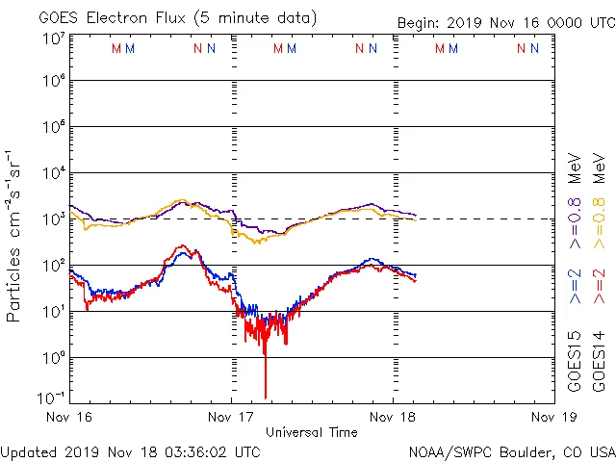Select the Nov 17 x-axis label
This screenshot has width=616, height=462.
click(232, 417)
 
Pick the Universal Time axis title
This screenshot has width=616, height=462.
click(312, 432)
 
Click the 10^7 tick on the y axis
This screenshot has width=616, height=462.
click(52, 38)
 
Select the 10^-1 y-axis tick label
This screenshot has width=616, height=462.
click(52, 397)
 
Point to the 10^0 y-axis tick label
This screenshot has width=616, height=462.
click(52, 358)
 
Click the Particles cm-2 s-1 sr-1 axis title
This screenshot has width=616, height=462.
click(15, 236)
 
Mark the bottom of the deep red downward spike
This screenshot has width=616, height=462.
click(265, 397)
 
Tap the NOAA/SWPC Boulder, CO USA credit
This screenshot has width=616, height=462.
click(511, 451)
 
